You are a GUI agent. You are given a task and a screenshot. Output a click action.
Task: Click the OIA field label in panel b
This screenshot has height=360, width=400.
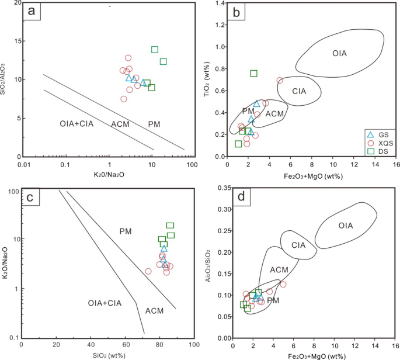340,54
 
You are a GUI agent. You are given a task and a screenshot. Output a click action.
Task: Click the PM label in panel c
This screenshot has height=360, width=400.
126,231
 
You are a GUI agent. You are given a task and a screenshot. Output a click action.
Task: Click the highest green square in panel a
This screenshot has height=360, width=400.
155,50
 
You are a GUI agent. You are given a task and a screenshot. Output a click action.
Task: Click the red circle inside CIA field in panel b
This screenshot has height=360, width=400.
280,81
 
